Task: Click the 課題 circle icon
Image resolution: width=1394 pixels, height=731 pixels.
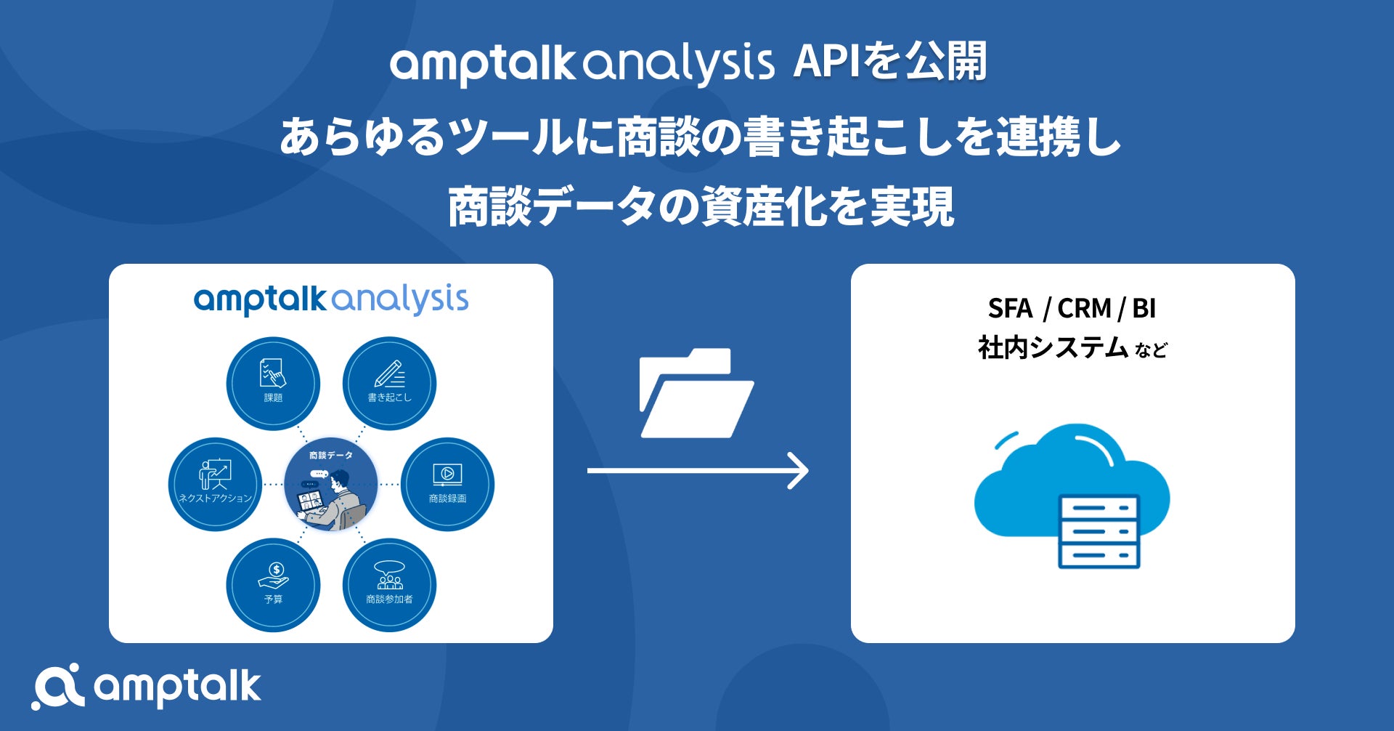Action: tap(273, 383)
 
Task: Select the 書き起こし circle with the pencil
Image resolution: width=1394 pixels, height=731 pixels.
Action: tap(389, 383)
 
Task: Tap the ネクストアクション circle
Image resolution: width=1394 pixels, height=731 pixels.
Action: tap(215, 484)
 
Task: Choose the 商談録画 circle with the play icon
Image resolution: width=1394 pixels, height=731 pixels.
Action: tap(447, 484)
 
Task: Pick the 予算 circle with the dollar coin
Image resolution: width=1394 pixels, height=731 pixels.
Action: tap(273, 585)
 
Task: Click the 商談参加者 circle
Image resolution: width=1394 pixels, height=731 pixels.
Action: tap(389, 585)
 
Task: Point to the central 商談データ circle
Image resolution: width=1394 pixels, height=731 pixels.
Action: tap(331, 484)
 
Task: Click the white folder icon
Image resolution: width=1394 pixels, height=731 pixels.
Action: tap(696, 393)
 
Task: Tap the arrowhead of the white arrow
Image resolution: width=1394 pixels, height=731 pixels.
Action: tap(799, 471)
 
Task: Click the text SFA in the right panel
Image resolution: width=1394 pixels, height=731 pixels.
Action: tap(1010, 309)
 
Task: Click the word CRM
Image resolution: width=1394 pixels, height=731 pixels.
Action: tap(1084, 309)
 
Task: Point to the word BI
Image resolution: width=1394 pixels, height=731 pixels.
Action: tap(1144, 309)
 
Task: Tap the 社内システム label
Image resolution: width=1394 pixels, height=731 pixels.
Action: tap(1052, 348)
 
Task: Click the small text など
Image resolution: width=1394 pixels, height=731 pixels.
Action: tap(1151, 350)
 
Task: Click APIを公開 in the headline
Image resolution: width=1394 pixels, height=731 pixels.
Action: tap(890, 62)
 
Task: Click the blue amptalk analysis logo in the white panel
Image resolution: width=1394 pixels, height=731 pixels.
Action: tap(331, 299)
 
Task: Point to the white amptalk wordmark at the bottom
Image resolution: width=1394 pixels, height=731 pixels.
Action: tap(177, 687)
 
